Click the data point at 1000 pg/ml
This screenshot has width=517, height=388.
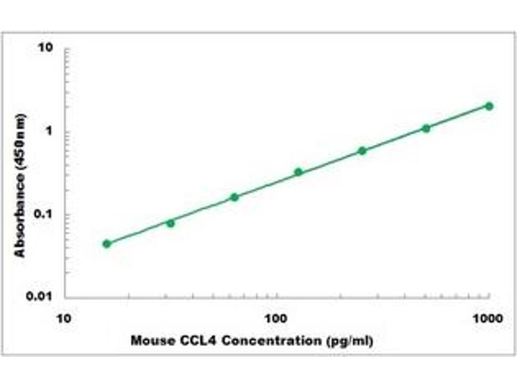click(x=489, y=106)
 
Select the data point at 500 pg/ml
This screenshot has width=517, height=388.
click(x=425, y=128)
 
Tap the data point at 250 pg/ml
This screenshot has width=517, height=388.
click(x=362, y=151)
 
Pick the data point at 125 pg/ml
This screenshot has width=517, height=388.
click(x=298, y=172)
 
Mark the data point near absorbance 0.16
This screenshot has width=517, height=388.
click(x=235, y=197)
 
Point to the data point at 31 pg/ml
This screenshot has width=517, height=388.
click(x=171, y=223)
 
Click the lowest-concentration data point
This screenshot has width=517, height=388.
click(x=107, y=244)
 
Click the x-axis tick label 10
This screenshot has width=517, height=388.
click(x=63, y=318)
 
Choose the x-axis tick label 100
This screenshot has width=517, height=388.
click(x=276, y=318)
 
